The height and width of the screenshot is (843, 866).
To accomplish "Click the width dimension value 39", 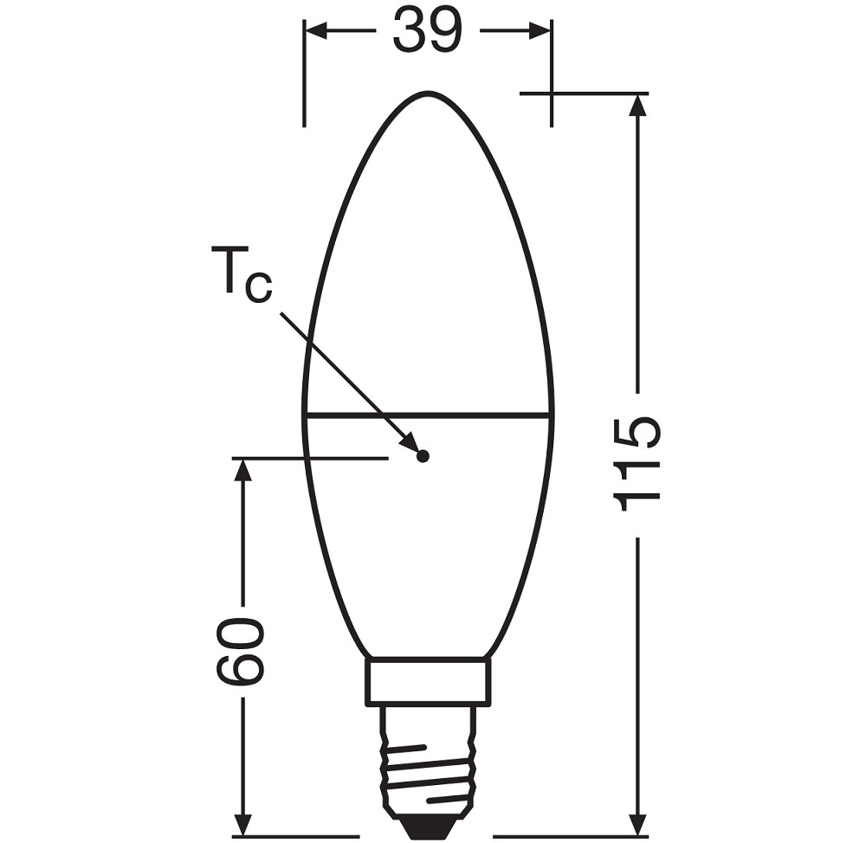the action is pyautogui.click(x=426, y=31).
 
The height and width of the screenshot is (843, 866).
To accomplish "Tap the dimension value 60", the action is pyautogui.click(x=239, y=652).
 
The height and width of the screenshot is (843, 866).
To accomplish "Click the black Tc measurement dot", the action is pyautogui.click(x=423, y=456).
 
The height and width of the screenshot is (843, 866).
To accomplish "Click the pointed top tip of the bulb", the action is pyautogui.click(x=427, y=93).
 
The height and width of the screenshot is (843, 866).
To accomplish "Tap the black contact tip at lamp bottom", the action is pyautogui.click(x=427, y=828).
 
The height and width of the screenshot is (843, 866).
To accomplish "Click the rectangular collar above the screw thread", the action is pyautogui.click(x=428, y=682).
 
